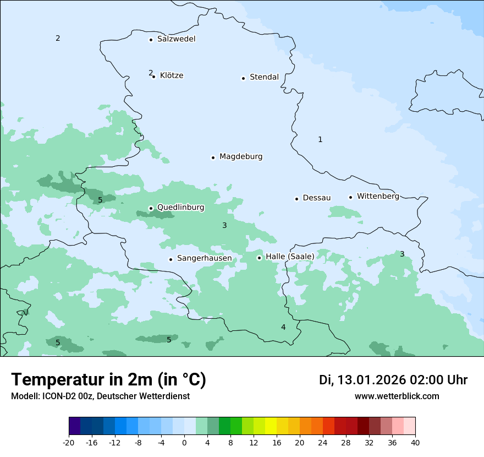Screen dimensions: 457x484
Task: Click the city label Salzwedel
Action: coord(176,39)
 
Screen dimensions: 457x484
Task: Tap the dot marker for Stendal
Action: coord(243,78)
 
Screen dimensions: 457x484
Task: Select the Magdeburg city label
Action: coord(241,157)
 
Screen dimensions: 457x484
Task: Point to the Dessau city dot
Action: coord(296,199)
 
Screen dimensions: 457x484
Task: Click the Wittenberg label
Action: coord(378,197)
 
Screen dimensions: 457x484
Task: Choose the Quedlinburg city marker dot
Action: coord(151,209)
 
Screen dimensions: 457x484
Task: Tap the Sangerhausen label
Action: coord(204,258)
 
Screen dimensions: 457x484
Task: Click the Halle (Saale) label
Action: coord(290,257)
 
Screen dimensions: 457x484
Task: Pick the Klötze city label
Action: coord(172,76)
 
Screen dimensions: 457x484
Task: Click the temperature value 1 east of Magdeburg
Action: coord(320,140)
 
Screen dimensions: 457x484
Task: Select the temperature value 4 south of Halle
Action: coord(283,328)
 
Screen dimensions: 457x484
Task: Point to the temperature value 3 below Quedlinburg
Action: coord(224,226)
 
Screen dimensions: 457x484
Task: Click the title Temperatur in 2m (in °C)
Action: coord(108,380)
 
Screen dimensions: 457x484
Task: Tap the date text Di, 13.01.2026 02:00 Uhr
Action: coord(393,380)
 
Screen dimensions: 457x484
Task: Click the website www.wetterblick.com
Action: coord(397,396)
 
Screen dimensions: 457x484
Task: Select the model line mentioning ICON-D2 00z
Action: coord(100,396)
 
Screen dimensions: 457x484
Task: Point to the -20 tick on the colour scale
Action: coord(69,443)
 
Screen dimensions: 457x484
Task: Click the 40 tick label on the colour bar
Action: coord(415,443)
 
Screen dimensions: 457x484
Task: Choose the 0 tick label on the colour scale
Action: coord(184,443)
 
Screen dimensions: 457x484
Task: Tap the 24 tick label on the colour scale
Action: coord(323,443)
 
